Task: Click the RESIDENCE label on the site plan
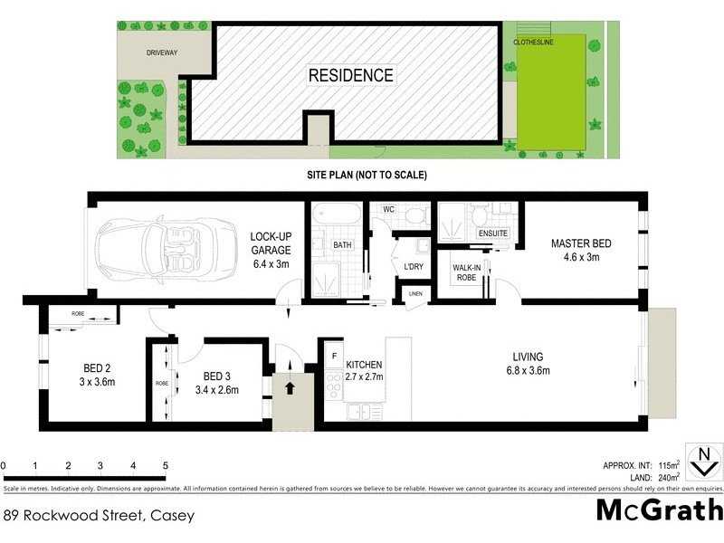click(351, 76)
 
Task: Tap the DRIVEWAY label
click(162, 53)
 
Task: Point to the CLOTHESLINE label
click(534, 42)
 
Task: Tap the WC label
click(388, 210)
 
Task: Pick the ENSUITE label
click(493, 233)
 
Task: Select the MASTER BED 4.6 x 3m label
click(581, 250)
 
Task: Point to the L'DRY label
click(414, 266)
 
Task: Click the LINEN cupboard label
click(415, 294)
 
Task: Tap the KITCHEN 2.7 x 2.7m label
click(365, 370)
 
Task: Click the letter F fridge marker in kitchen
click(335, 355)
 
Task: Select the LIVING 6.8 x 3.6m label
click(529, 362)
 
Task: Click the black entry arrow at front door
click(291, 387)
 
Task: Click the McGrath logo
click(660, 511)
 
